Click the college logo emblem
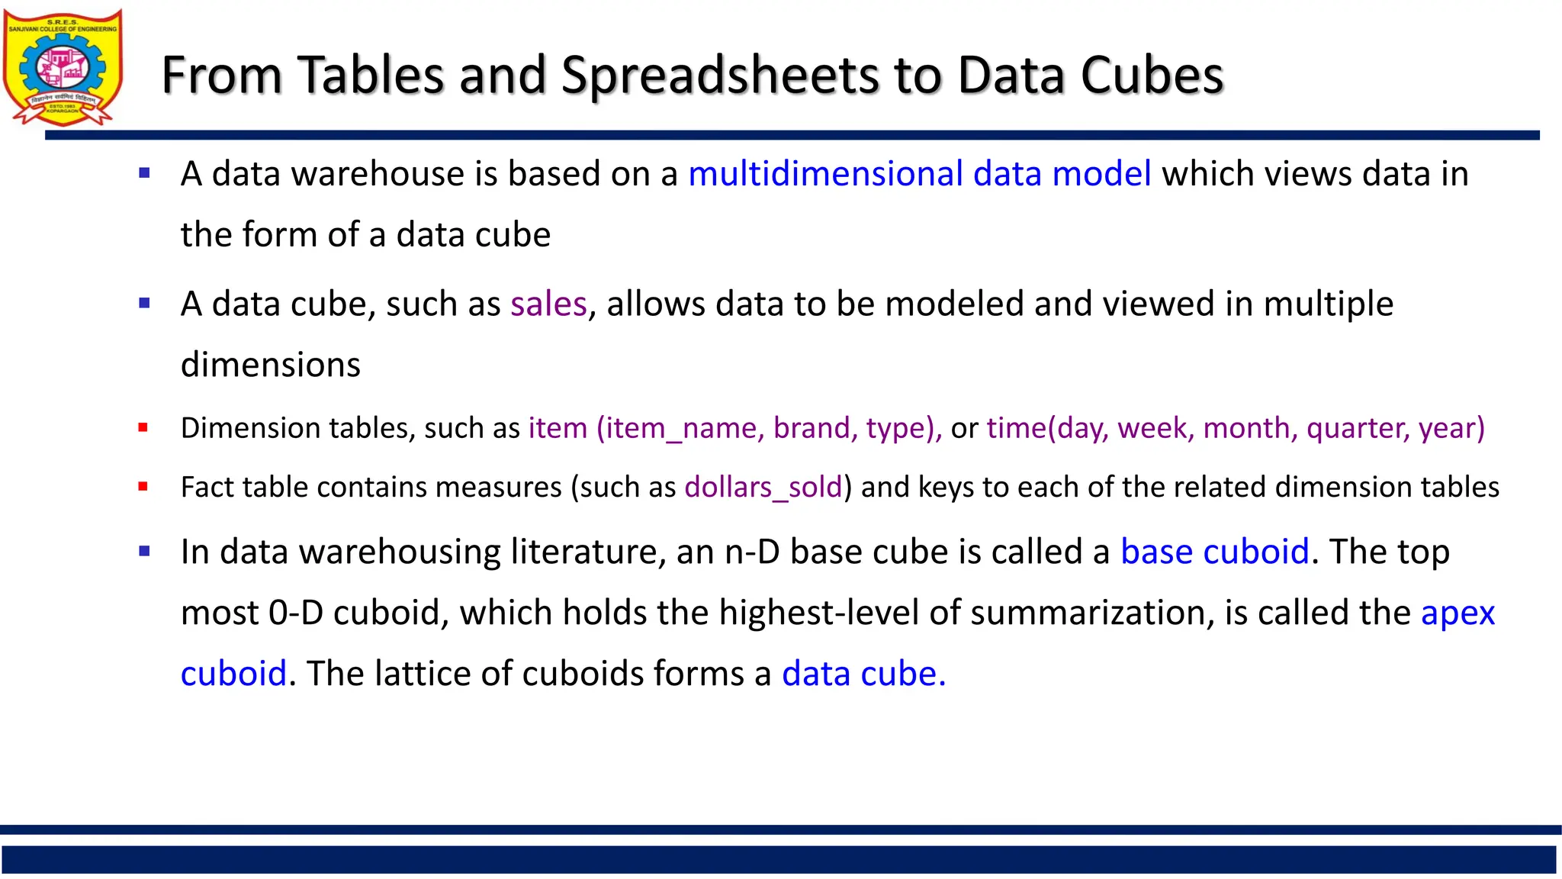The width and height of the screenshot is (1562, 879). [63, 67]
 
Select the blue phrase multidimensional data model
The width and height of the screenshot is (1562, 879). [919, 174]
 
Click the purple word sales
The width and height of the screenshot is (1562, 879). [548, 304]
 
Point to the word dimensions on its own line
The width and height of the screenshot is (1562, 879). [271, 365]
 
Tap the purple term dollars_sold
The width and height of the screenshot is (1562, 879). [763, 488]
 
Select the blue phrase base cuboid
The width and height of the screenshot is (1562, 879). [1214, 552]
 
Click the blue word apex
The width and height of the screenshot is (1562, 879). [1458, 613]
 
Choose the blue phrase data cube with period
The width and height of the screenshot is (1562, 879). [863, 674]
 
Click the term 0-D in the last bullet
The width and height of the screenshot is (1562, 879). [296, 613]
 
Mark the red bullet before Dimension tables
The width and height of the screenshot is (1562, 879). [143, 428]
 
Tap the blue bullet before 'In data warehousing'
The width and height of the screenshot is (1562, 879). [144, 551]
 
